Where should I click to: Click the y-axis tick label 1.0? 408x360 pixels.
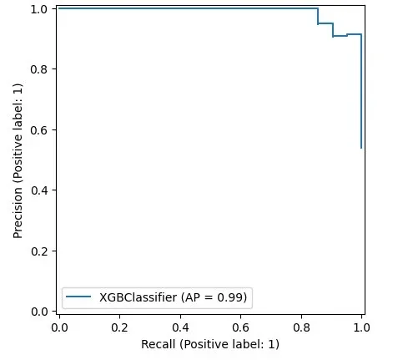tap(39, 8)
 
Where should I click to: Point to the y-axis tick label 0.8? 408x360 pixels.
tap(39, 69)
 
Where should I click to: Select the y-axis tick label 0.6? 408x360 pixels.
tap(39, 129)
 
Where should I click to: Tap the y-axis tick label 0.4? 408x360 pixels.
tap(39, 190)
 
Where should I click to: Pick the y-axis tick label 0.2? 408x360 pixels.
tap(39, 251)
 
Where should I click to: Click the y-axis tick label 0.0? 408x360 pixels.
tap(39, 312)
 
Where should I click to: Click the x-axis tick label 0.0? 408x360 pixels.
tap(58, 328)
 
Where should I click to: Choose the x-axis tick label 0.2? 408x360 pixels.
tap(119, 328)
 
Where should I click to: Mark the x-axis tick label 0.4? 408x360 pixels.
tap(180, 328)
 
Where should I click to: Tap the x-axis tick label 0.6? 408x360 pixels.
tap(240, 328)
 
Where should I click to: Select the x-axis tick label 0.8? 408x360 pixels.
tap(301, 328)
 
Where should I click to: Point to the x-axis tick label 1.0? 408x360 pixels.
tap(361, 328)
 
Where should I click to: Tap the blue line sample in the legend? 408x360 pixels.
tap(83, 297)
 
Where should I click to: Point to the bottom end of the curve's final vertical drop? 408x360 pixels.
tap(361, 148)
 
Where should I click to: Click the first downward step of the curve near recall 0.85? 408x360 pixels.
tap(318, 16)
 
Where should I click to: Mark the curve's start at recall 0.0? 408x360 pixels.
tap(58, 8)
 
